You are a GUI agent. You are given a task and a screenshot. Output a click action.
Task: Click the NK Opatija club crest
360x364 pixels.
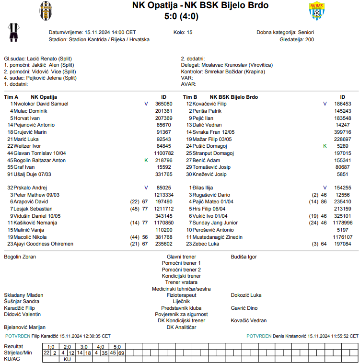click(46, 10)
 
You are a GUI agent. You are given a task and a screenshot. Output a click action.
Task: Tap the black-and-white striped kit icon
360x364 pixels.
click(13, 32)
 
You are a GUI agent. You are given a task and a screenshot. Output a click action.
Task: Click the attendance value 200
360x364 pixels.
click(310, 39)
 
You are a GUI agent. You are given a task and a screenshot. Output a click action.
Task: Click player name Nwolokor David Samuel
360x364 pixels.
click(41, 104)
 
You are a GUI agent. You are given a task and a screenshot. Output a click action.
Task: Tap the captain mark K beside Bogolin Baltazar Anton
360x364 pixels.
click(146, 160)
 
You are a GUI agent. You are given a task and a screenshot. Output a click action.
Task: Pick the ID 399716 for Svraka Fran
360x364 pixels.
click(342, 132)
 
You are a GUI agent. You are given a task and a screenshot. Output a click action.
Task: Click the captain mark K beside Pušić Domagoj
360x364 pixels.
click(325, 146)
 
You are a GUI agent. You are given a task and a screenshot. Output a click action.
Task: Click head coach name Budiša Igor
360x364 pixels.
click(244, 257)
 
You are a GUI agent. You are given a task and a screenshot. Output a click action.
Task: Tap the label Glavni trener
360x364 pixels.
click(181, 257)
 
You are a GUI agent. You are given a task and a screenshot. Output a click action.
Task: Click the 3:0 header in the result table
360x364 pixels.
click(83, 346)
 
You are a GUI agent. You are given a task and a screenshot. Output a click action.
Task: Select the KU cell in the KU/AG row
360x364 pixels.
click(67, 359)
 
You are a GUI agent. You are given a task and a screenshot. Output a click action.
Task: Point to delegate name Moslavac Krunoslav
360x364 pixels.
click(224, 65)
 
